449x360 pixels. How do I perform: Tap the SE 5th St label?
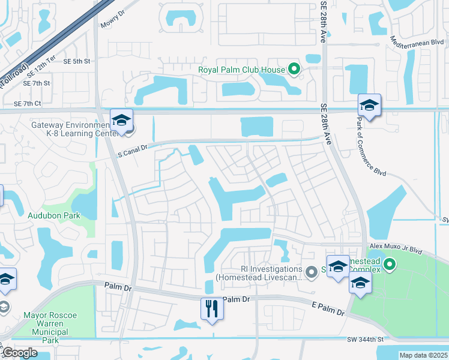(76, 61)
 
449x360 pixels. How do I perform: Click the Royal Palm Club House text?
(241, 70)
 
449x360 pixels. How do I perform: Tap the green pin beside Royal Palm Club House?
(294, 70)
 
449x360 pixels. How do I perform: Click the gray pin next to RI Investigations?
(311, 273)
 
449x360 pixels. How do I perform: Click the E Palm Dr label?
(328, 309)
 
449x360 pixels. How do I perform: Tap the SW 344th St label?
(364, 340)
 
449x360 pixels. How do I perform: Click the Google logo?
(19, 353)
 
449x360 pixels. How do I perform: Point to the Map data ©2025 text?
(423, 355)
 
